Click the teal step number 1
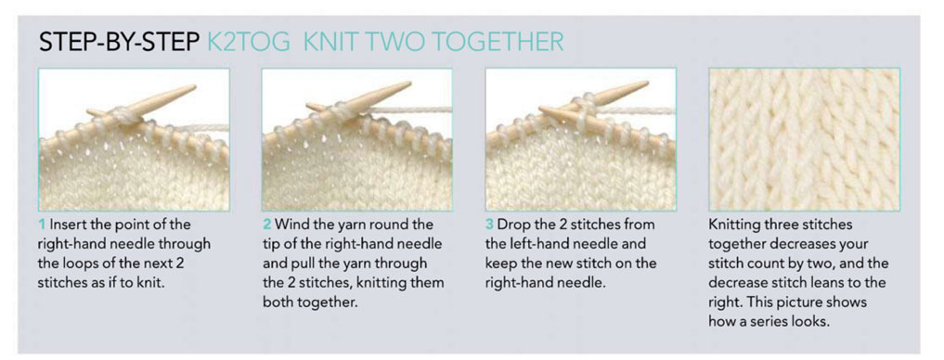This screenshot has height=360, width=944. click(x=42, y=225)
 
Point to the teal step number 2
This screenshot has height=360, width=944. click(x=266, y=225)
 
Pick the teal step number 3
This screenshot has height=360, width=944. click(x=489, y=225)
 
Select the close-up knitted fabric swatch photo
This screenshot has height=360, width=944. click(x=805, y=139)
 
